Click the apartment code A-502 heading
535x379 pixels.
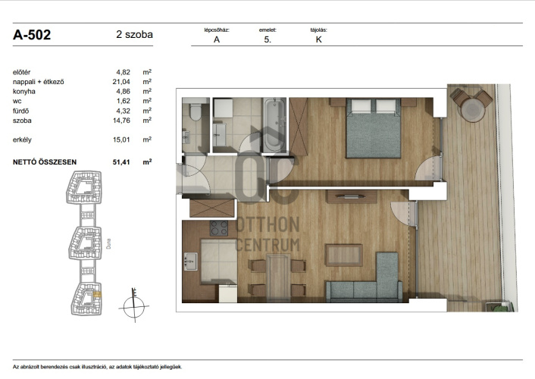click(x=32, y=35)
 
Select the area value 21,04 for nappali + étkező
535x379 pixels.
click(x=121, y=82)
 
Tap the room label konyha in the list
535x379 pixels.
click(x=24, y=92)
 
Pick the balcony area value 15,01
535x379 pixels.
click(x=121, y=139)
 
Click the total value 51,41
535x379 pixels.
click(x=121, y=162)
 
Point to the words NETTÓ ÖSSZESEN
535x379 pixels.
click(x=45, y=162)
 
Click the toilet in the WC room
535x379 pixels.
click(x=196, y=111)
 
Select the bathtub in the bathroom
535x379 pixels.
click(x=274, y=125)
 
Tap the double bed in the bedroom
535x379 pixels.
click(x=374, y=128)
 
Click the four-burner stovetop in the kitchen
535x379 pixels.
click(x=219, y=228)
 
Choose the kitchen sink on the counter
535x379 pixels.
click(x=191, y=262)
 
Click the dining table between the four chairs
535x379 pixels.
click(x=278, y=276)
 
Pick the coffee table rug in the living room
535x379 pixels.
click(x=343, y=255)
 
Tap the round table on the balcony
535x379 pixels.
click(x=473, y=110)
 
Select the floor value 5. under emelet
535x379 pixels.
click(x=267, y=39)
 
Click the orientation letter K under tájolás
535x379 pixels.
click(x=319, y=39)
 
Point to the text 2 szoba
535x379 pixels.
click(x=134, y=34)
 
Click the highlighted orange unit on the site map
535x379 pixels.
click(x=97, y=294)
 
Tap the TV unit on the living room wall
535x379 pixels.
click(x=352, y=196)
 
